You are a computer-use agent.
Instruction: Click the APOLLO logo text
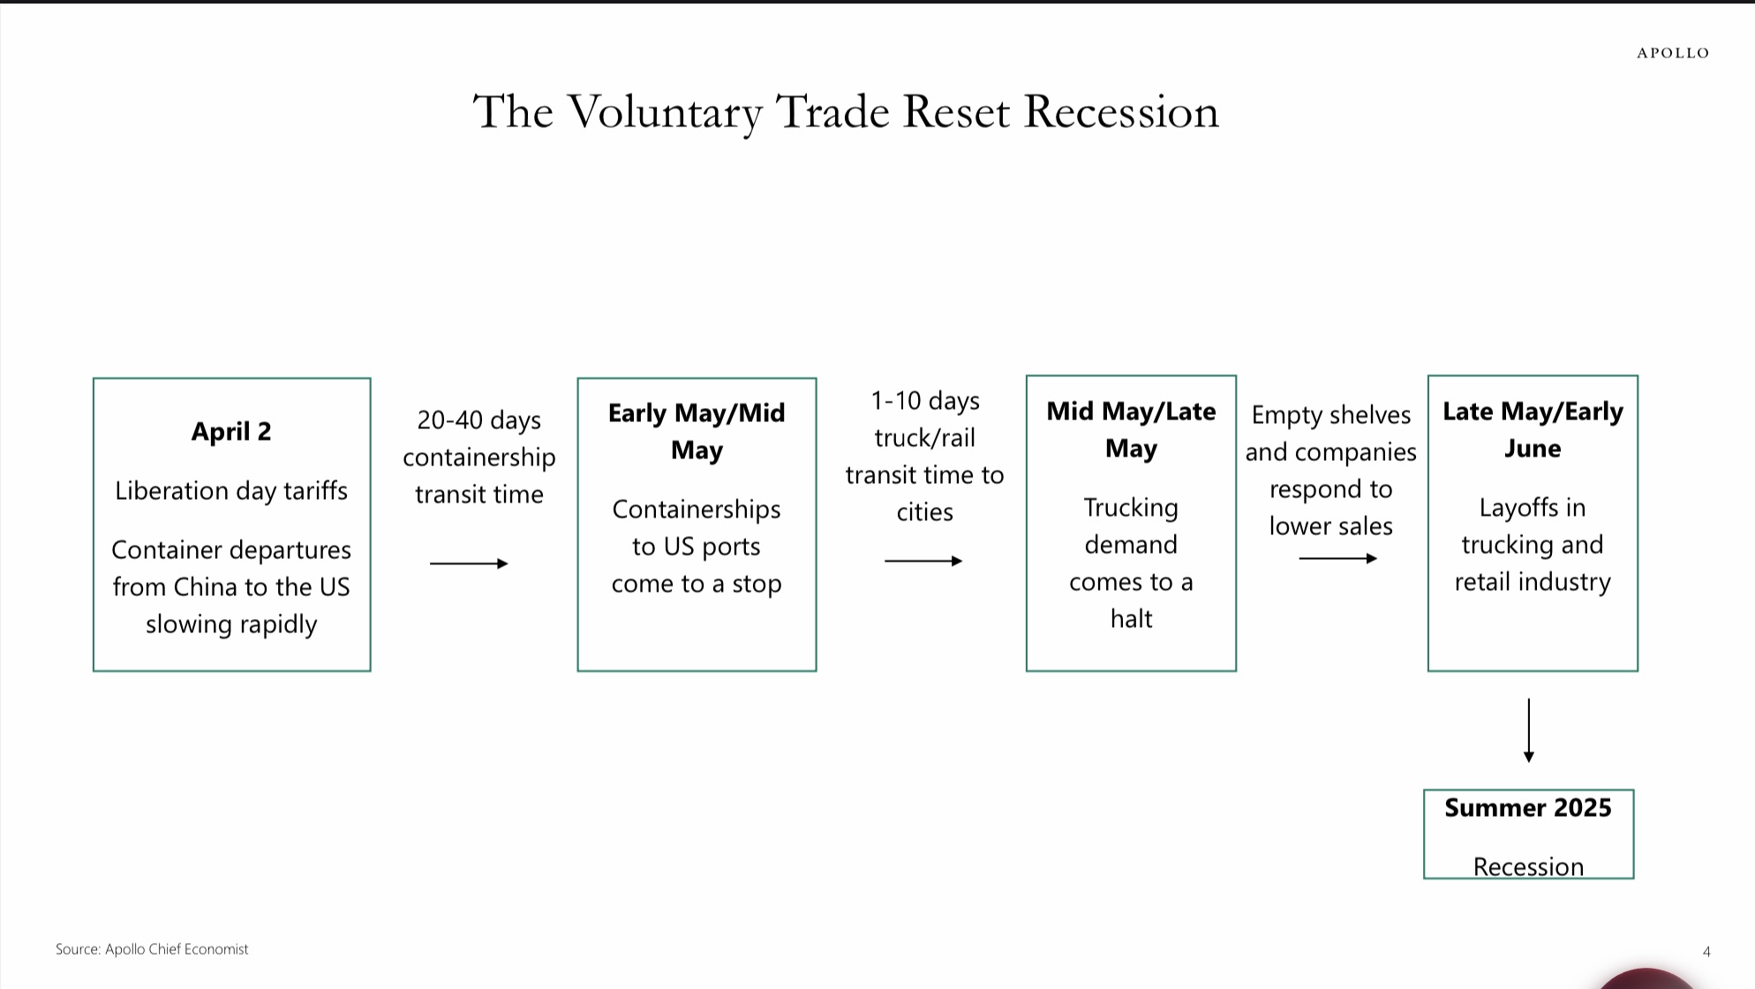point(1673,53)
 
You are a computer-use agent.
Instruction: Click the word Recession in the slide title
point(1121,112)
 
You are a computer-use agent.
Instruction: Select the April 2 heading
point(231,431)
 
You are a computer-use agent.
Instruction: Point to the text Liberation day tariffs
point(231,490)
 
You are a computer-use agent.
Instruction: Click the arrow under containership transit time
point(469,563)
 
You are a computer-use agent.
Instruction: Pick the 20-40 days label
point(479,419)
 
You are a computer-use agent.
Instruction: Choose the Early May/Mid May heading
point(697,431)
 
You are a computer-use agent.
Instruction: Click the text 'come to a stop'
point(697,584)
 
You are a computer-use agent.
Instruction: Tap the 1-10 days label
point(925,400)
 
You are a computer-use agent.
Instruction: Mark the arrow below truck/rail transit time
point(923,561)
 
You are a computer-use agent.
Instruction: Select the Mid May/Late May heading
point(1131,429)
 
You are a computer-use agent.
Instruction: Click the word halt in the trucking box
point(1132,618)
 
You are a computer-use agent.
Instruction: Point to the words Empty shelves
point(1331,415)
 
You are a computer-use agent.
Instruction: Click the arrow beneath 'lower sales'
point(1338,558)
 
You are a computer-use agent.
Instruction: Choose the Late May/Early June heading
point(1533,429)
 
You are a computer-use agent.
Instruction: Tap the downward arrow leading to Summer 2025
point(1529,730)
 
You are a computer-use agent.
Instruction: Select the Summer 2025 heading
point(1528,808)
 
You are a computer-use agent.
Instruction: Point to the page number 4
point(1706,951)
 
